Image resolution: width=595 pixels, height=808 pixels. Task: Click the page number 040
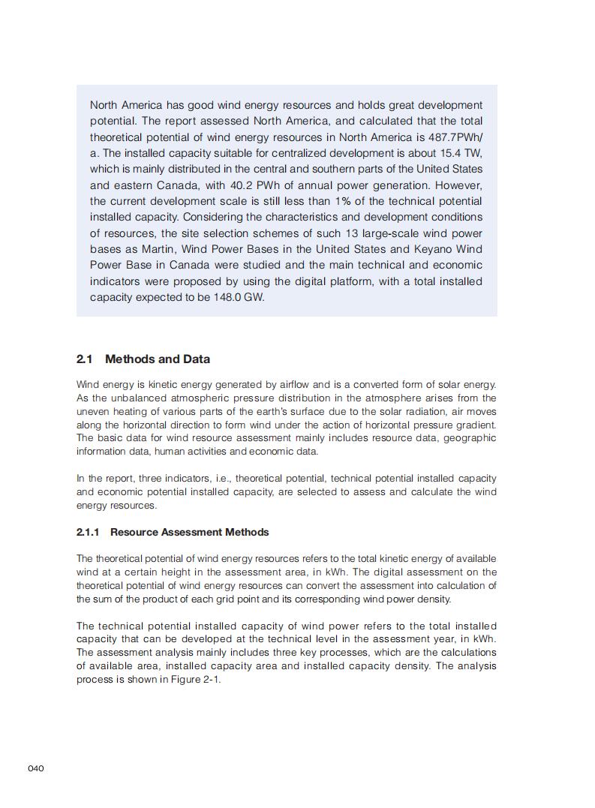[x=36, y=769]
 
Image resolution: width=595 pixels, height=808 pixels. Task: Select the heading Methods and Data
[x=158, y=359]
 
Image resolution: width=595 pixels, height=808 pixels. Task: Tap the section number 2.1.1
[x=88, y=532]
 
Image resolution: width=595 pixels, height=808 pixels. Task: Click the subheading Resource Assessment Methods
[x=189, y=532]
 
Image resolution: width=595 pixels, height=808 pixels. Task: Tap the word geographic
[x=470, y=438]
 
